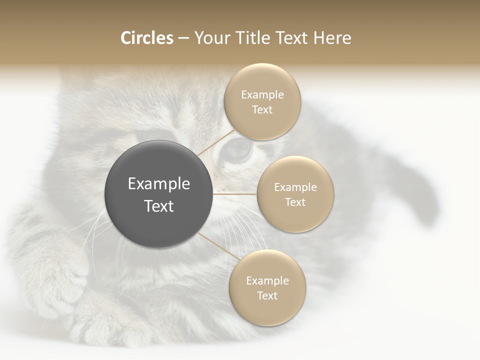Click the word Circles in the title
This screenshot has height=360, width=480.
(146, 38)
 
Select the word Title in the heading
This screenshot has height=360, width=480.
(257, 38)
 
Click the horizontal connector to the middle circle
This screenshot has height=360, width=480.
(235, 194)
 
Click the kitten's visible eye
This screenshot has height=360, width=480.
(236, 148)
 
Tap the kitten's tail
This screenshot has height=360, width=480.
(420, 195)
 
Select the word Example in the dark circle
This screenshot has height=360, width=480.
(159, 184)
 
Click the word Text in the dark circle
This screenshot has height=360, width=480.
(159, 206)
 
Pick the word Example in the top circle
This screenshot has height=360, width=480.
(262, 95)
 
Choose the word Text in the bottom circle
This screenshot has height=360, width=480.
(267, 295)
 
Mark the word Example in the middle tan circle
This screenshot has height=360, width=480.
(295, 187)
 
